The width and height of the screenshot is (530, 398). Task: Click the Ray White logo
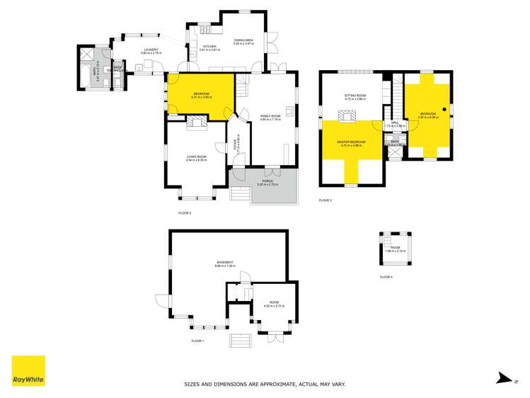coord(28,370)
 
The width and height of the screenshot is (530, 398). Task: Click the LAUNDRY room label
coord(151,50)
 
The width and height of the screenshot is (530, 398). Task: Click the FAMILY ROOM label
coord(270,115)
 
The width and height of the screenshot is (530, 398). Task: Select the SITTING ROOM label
coord(355,96)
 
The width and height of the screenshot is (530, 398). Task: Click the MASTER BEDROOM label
coord(352,142)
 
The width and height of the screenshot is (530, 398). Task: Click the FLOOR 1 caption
coord(197,341)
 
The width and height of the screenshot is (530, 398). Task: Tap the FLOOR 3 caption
coord(326,200)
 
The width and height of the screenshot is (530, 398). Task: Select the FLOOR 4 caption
coord(386,277)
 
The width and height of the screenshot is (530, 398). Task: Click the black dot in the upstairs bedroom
coord(444,108)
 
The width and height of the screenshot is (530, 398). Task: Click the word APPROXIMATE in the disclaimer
coord(256,385)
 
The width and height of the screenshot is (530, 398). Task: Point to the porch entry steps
coord(242,193)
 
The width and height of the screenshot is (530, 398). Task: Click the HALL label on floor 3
coord(395,123)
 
